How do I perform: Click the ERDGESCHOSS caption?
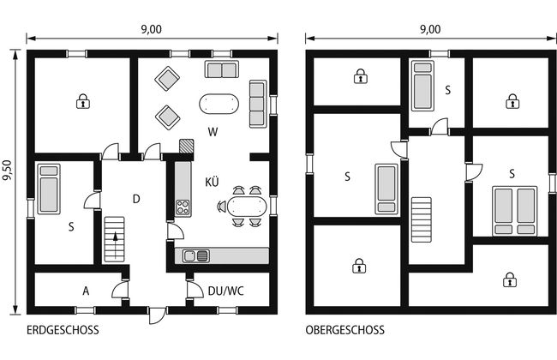63,330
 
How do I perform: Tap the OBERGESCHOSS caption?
345,330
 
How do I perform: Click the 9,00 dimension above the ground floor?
152,29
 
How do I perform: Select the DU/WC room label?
226,291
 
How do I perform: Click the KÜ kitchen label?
212,182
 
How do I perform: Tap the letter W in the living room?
213,132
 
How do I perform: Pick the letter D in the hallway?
136,199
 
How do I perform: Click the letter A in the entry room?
86,291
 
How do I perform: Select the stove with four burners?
183,207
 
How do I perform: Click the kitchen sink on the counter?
195,255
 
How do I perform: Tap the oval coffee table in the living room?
219,104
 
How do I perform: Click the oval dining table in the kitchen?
247,207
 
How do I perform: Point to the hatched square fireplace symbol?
187,146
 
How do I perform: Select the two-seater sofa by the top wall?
222,69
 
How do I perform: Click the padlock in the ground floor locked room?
83,101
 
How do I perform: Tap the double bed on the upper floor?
515,211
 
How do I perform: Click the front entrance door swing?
158,316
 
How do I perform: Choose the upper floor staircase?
422,220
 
